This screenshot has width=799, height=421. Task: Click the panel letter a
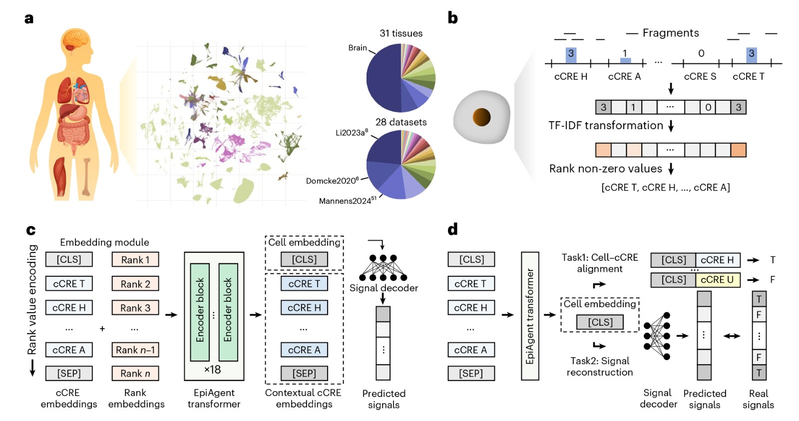29,19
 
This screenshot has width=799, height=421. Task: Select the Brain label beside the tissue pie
358,48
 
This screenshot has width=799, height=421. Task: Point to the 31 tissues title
401,33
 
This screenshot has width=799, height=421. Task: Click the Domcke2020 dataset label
333,181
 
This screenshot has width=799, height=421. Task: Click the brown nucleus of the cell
481,117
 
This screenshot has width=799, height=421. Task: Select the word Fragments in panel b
671,33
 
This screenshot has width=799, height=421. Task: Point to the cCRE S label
700,76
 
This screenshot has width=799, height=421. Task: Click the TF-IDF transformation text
605,126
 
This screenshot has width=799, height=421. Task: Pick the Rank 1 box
135,259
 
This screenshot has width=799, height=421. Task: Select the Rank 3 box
135,308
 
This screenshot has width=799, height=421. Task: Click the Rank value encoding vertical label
32,299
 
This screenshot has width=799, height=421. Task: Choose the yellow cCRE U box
717,280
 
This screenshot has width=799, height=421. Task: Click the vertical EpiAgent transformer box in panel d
530,316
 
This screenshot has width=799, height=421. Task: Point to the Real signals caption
758,399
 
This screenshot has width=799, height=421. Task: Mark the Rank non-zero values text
605,169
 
